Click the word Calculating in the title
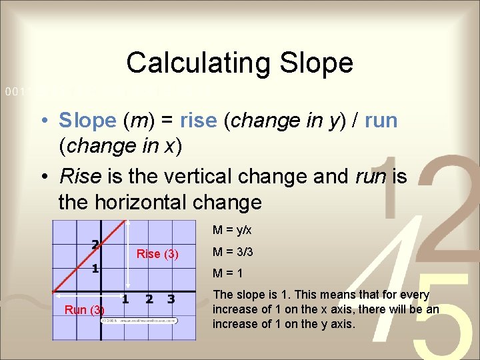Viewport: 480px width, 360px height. tap(196, 63)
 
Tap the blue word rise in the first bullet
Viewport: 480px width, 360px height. tap(199, 121)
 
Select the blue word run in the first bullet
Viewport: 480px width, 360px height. tap(381, 121)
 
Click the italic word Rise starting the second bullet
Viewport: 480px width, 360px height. tap(80, 176)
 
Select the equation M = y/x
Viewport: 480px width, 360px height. tap(233, 231)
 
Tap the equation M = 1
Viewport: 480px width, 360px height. tap(227, 273)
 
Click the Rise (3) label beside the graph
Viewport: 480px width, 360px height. tap(157, 254)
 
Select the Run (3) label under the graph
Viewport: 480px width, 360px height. tap(84, 310)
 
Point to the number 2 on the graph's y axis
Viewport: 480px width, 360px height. tap(96, 245)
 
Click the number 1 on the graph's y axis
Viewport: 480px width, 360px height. tap(96, 269)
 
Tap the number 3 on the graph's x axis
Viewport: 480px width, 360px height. tap(171, 299)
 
